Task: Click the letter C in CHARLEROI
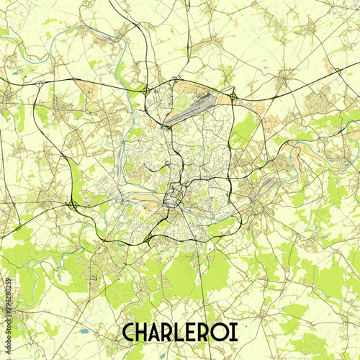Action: coord(131,332)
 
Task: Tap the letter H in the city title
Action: coord(147,332)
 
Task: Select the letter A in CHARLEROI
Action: coord(162,332)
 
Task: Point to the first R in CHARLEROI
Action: coord(176,332)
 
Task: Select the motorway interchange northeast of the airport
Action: coord(233,96)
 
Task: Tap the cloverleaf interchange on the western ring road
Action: coord(73,205)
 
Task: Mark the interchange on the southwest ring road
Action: coord(148,238)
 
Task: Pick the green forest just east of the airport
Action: coord(245,128)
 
